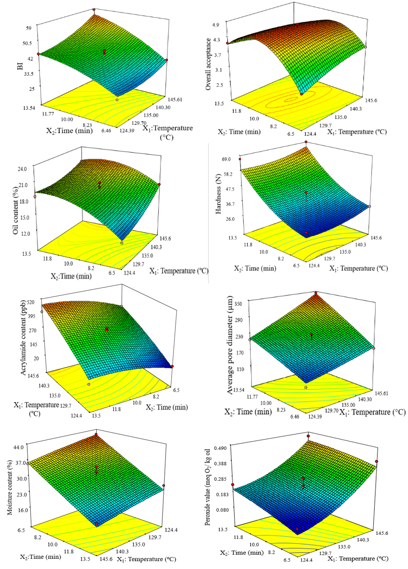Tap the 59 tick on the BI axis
pos(29,28)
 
